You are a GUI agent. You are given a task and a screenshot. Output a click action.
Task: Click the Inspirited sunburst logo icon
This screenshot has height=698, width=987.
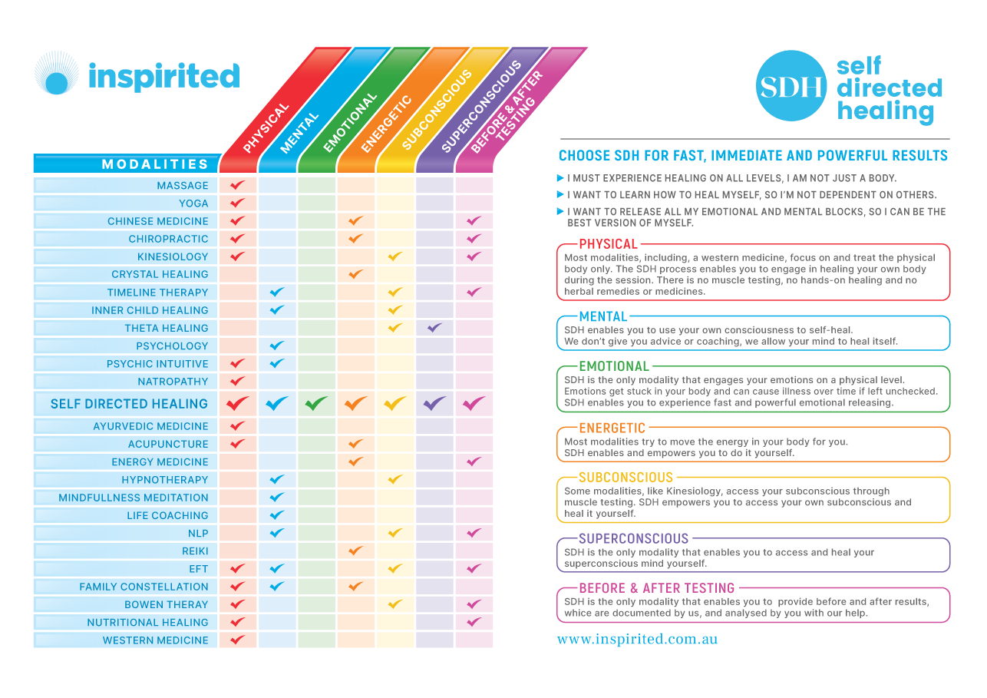tap(56, 74)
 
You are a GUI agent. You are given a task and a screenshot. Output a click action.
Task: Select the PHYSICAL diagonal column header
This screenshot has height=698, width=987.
tap(266, 127)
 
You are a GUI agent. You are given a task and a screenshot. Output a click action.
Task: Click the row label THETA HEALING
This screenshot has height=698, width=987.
tap(167, 328)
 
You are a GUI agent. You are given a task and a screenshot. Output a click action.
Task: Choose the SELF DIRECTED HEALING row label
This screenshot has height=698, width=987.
tap(129, 404)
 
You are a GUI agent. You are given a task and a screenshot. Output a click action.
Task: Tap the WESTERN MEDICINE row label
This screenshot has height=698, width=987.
tap(156, 640)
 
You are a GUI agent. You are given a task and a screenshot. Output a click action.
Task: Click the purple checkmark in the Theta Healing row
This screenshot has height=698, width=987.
tap(434, 328)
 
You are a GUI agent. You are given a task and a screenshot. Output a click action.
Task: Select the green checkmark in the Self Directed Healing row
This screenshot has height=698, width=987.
tap(316, 403)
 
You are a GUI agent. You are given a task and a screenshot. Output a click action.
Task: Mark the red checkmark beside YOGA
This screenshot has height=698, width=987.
tap(238, 203)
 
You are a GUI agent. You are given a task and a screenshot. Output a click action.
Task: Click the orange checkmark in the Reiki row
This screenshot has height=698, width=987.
tap(355, 551)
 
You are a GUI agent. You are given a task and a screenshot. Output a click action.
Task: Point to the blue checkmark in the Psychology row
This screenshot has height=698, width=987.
tap(277, 346)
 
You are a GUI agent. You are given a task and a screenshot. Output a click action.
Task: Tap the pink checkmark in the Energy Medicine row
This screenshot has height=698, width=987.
tap(474, 461)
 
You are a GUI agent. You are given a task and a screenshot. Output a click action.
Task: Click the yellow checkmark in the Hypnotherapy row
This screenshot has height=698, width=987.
tap(395, 479)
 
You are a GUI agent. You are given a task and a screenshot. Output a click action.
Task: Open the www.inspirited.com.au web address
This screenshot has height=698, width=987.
tap(637, 639)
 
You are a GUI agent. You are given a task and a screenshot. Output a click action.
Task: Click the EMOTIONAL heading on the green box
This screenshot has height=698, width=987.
tap(614, 366)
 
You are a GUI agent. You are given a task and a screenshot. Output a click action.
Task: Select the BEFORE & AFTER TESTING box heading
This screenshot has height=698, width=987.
tap(656, 588)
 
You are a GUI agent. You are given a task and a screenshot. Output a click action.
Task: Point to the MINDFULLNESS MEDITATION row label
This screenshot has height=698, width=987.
tap(134, 498)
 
